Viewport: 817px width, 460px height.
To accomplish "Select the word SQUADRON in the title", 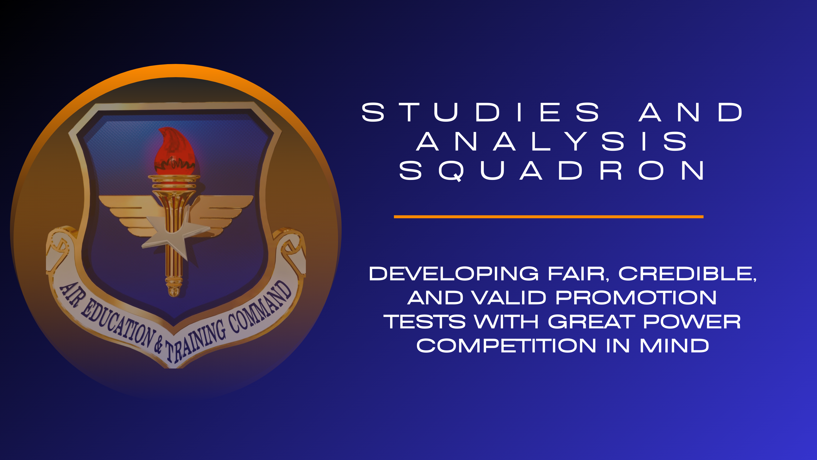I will (551, 170).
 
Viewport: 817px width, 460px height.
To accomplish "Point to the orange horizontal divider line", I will (548, 217).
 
